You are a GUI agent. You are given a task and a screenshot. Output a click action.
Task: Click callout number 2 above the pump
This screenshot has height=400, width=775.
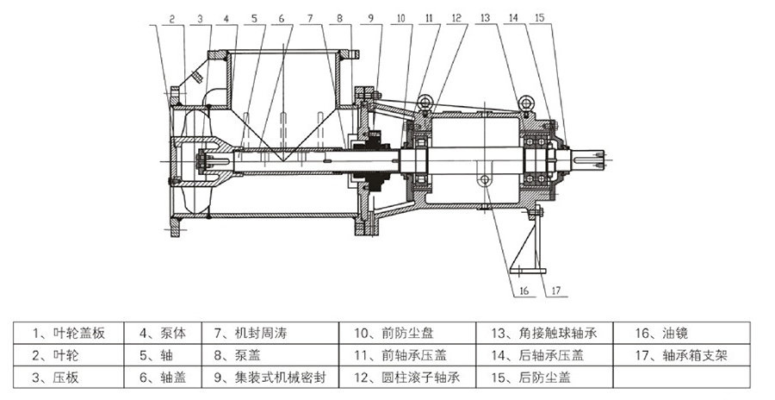(172, 17)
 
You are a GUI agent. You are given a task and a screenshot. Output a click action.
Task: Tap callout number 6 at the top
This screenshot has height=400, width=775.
(281, 17)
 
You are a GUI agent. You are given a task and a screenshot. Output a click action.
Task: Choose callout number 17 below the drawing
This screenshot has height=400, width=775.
(555, 291)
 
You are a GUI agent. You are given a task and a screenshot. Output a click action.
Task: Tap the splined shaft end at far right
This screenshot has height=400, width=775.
(592, 159)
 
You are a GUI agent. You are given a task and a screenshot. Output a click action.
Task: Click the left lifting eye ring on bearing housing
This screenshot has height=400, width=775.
(423, 105)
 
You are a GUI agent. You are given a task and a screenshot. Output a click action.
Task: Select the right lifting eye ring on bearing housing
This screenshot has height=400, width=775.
(524, 105)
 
